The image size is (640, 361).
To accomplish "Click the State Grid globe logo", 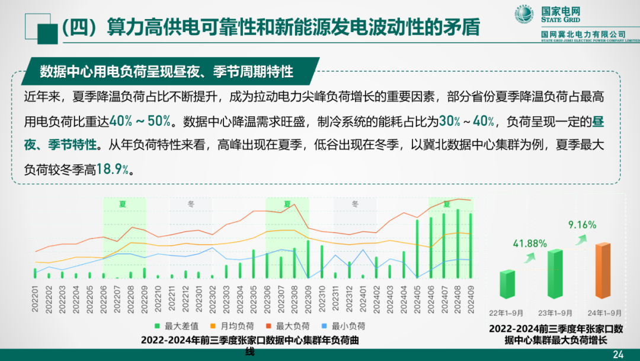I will (524, 15).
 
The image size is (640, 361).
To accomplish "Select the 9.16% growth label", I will (582, 224).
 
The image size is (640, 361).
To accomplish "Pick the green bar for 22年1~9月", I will (507, 284).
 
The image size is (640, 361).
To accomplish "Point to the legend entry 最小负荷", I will (346, 326).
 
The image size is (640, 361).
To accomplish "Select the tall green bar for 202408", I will (457, 243).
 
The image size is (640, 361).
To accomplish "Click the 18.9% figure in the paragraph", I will (114, 169).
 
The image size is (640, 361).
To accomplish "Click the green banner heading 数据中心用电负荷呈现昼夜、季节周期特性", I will (167, 72).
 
